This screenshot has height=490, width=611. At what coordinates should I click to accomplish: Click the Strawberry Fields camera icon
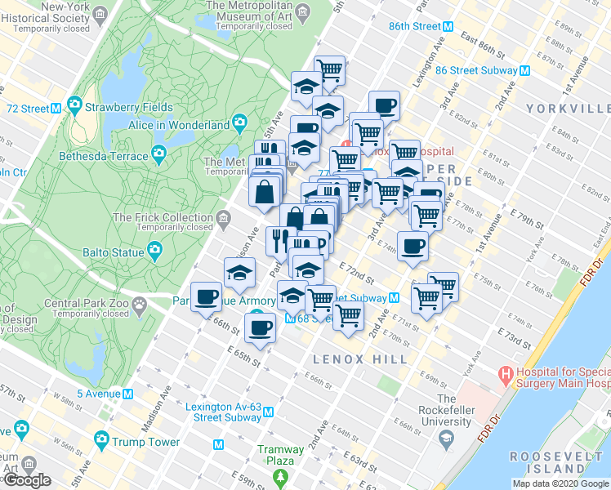coord(74,106)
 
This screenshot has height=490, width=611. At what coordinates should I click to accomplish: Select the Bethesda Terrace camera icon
coord(157,154)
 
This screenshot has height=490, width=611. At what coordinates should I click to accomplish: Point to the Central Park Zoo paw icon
coord(140,307)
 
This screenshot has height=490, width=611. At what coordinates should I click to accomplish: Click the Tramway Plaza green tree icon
coord(281,475)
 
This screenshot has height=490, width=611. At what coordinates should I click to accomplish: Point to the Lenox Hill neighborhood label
coord(360,359)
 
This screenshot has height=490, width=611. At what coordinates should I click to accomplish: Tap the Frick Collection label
coord(163,217)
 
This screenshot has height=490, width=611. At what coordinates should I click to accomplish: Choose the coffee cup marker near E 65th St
coord(260,328)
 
